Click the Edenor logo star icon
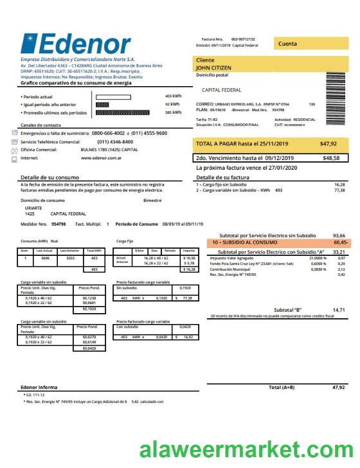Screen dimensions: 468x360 pyautogui.click(x=29, y=43)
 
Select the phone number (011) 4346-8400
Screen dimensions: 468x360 pyautogui.click(x=115, y=141)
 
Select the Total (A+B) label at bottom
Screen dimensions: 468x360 pyautogui.click(x=281, y=388)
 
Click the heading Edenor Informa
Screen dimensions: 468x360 pyautogui.click(x=39, y=388)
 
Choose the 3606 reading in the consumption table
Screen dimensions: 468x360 pyautogui.click(x=45, y=258)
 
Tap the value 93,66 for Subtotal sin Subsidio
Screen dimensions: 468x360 pyautogui.click(x=339, y=235)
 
